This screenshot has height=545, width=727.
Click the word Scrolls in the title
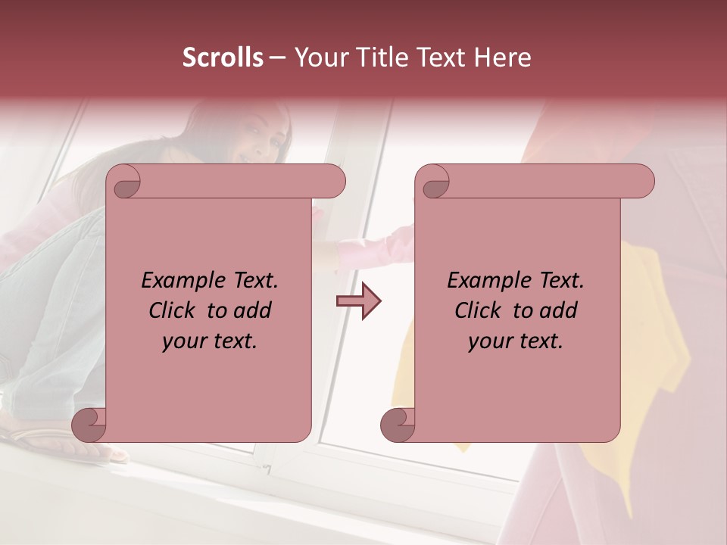click(223, 58)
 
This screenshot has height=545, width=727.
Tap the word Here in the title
click(504, 58)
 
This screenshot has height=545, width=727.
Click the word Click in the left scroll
click(173, 310)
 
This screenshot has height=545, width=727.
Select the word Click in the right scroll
click(479, 310)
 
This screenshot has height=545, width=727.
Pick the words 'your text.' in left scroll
click(210, 341)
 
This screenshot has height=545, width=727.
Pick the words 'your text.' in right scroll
click(516, 341)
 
